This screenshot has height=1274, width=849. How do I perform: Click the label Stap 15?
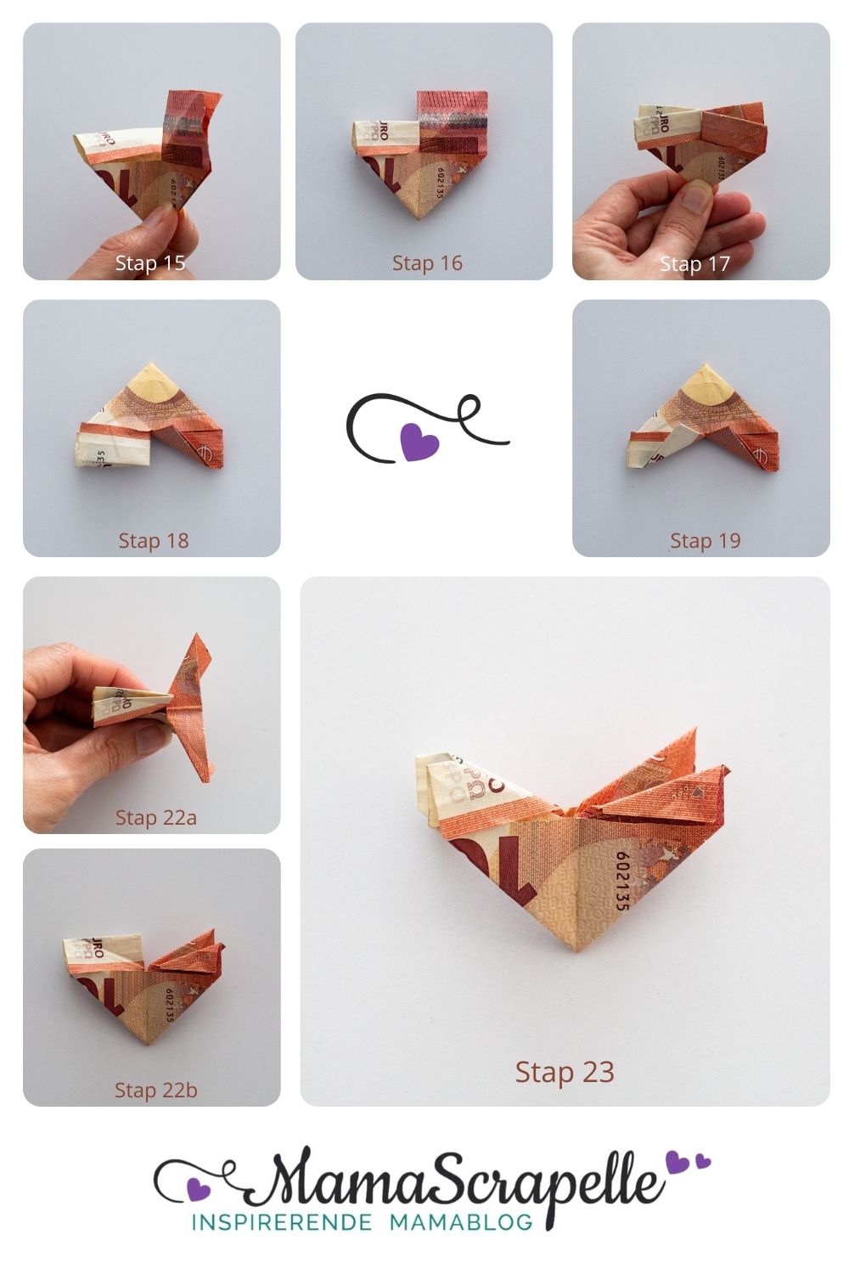pos(150,262)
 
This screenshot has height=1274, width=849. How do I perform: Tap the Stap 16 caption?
pos(427,262)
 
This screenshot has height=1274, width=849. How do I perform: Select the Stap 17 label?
pos(694,264)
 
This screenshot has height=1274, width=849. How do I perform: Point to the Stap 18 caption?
pos(154,540)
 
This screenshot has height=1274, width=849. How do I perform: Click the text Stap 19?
pos(706,540)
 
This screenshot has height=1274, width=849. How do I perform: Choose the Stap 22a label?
pos(156,817)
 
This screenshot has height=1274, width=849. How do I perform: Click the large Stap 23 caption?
pos(565,1072)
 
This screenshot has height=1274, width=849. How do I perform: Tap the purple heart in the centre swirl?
pos(419,441)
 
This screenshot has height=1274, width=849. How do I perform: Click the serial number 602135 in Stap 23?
pos(621,881)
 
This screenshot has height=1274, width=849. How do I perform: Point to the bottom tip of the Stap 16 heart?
pos(421,220)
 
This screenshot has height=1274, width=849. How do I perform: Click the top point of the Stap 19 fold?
pos(704,364)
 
